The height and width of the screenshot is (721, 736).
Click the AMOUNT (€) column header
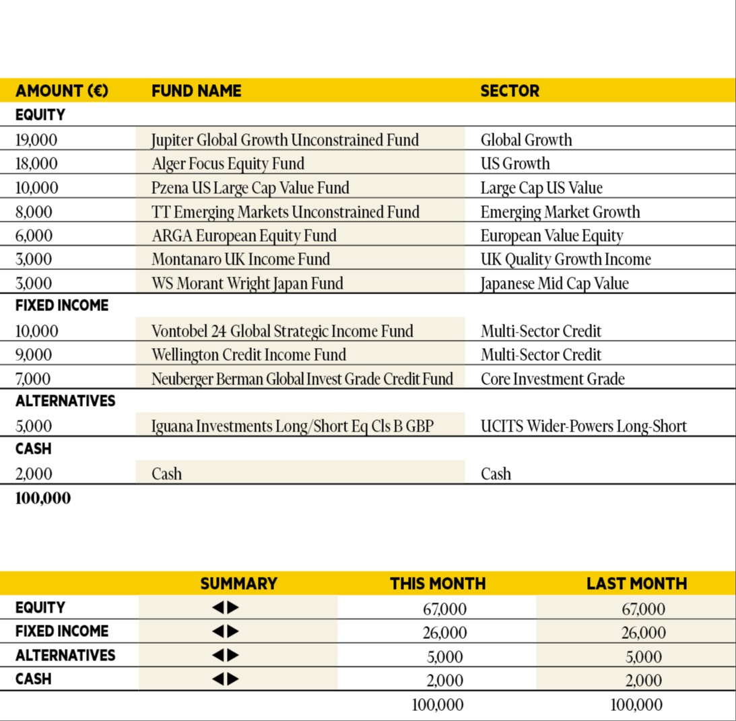click(x=61, y=91)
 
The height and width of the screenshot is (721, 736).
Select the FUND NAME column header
click(x=196, y=91)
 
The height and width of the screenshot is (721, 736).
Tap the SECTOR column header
click(x=510, y=91)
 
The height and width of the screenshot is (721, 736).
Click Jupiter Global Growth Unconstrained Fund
click(x=285, y=140)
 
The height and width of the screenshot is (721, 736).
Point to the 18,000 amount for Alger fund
click(x=36, y=164)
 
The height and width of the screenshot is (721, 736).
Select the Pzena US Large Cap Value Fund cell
click(x=250, y=188)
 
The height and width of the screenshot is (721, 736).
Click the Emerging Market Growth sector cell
click(x=560, y=212)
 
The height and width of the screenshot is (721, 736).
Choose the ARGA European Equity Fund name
click(x=244, y=236)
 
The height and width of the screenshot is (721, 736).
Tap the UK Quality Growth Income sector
click(x=566, y=260)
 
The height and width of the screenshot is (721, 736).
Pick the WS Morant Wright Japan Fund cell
click(x=247, y=283)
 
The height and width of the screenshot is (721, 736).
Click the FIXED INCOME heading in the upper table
click(x=62, y=306)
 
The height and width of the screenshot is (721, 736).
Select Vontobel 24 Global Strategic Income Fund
click(x=282, y=331)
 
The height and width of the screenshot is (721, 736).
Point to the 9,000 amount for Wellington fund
click(x=34, y=355)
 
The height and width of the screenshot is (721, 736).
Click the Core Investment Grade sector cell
click(x=552, y=379)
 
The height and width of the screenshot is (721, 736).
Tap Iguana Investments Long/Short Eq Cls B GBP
click(x=292, y=426)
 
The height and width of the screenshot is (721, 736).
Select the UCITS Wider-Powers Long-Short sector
click(x=584, y=426)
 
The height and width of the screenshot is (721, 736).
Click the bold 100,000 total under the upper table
click(x=42, y=499)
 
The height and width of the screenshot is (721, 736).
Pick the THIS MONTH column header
click(x=438, y=584)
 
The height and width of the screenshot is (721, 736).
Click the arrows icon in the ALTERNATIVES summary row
click(x=226, y=656)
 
